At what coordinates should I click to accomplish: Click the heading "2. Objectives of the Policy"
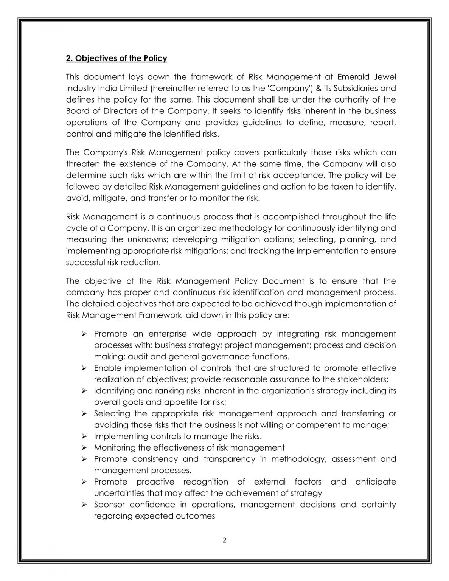117,58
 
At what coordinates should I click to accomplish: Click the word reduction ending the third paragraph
141,262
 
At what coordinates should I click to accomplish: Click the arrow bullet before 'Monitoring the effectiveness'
84,448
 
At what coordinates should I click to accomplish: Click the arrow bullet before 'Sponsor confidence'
84,505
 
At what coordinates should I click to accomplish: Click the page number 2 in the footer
224,540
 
